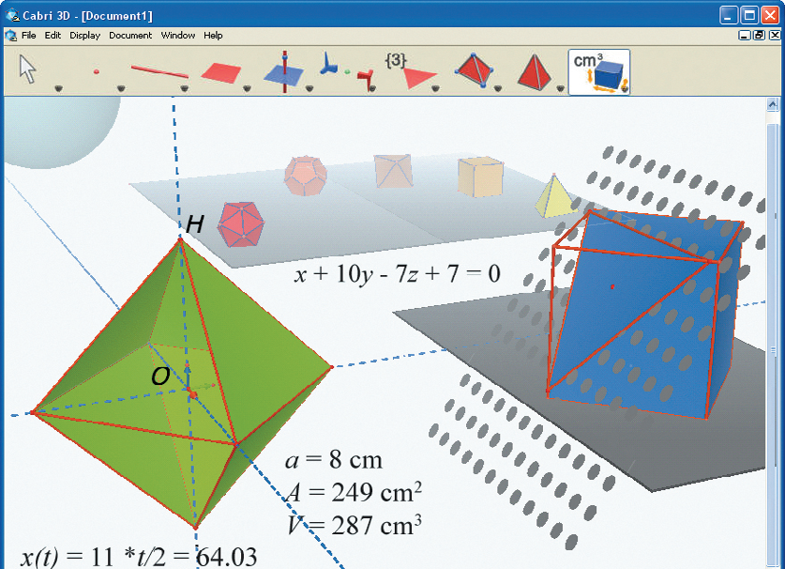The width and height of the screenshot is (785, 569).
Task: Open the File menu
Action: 28,36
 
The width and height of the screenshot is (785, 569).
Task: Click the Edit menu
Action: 53,36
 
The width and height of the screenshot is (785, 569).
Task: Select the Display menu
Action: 84,36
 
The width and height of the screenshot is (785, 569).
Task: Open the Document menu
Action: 130,36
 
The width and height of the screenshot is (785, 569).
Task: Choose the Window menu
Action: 177,36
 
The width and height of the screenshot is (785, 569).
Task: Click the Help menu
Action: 213,36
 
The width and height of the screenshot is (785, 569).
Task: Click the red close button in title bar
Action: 770,15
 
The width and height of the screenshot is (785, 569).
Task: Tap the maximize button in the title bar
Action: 749,15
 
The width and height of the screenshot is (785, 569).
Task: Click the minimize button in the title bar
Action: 729,15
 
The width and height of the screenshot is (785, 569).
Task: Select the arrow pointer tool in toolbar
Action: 27,69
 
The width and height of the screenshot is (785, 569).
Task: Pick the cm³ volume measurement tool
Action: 598,72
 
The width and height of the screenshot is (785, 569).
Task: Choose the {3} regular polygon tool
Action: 412,71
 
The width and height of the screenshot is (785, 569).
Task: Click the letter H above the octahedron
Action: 194,224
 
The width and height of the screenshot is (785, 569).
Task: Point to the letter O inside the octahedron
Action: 160,376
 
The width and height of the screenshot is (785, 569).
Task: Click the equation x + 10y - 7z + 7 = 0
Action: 397,274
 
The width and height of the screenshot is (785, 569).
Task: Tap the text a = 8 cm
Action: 334,460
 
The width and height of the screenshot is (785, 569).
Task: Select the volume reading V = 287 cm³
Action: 355,525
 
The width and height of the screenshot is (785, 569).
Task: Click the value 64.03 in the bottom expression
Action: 226,557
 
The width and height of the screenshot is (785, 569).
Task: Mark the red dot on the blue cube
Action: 612,286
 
